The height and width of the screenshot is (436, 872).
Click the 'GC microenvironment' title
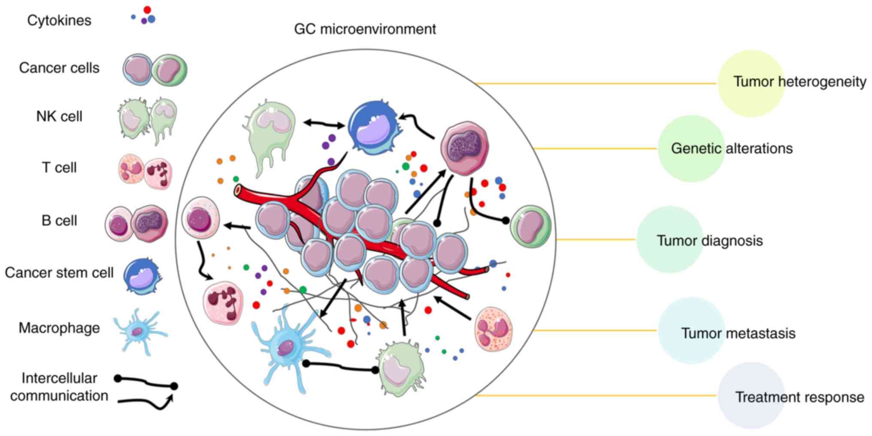click(x=365, y=29)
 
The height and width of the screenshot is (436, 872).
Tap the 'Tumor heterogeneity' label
click(x=799, y=82)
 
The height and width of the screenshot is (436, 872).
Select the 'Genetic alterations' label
click(x=732, y=148)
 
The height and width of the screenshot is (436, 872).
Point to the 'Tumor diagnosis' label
click(x=710, y=240)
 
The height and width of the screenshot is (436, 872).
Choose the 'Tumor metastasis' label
click(x=738, y=333)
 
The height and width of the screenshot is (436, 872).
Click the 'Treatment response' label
click(x=799, y=397)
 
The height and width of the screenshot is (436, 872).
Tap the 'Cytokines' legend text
click(x=59, y=20)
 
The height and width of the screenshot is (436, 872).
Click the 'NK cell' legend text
click(x=59, y=116)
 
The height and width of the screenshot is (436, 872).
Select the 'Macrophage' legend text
click(x=59, y=328)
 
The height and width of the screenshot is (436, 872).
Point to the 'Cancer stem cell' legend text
click(x=59, y=272)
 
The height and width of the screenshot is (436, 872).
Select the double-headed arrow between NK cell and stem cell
click(x=324, y=124)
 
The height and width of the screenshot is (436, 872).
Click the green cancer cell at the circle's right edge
click(x=531, y=227)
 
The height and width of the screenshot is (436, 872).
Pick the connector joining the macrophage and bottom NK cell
click(x=340, y=367)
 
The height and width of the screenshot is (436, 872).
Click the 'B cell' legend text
click(x=59, y=221)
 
